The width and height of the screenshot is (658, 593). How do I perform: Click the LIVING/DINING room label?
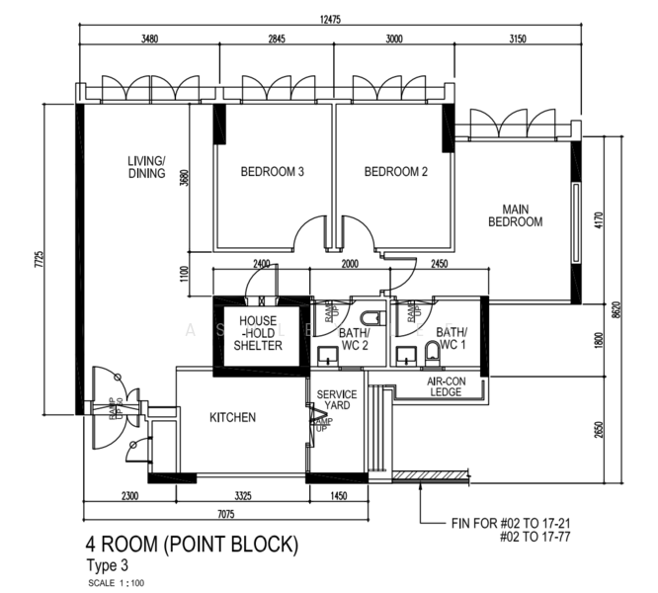pyautogui.click(x=146, y=167)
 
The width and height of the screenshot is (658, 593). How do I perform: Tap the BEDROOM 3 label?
pyautogui.click(x=272, y=172)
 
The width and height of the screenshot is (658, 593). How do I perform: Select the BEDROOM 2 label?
pyautogui.click(x=396, y=172)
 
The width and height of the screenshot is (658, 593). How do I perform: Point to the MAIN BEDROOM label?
pyautogui.click(x=515, y=215)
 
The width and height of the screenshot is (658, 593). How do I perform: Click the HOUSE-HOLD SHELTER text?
pyautogui.click(x=258, y=333)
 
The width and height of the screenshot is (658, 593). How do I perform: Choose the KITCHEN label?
pyautogui.click(x=233, y=418)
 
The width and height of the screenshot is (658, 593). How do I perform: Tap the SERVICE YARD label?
pyautogui.click(x=336, y=401)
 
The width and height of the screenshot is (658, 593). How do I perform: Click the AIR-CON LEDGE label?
pyautogui.click(x=446, y=386)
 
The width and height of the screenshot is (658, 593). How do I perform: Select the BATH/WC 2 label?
pyautogui.click(x=355, y=340)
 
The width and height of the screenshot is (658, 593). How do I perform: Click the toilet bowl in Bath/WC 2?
pyautogui.click(x=371, y=319)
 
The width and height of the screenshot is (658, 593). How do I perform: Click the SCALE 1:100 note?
pyautogui.click(x=116, y=582)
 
